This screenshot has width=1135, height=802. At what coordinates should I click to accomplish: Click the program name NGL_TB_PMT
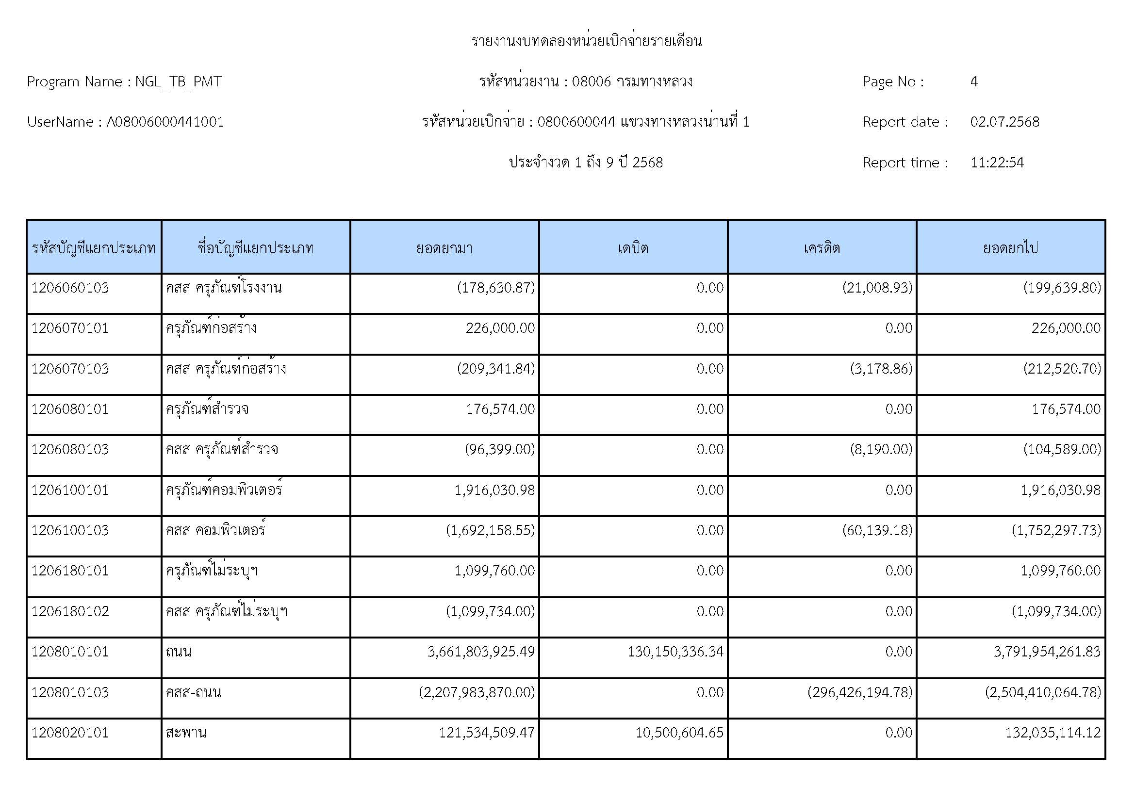click(178, 82)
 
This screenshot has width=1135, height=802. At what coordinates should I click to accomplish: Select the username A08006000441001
click(165, 122)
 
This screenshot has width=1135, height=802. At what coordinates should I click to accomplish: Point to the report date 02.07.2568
click(1004, 122)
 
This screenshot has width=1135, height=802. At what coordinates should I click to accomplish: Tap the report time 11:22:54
click(997, 163)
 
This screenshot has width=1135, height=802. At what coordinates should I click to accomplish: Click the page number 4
click(973, 82)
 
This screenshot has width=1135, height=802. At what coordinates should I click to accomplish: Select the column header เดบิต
click(633, 247)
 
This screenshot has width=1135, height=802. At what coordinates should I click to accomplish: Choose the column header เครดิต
click(822, 247)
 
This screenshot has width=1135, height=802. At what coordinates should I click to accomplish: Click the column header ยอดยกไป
click(1010, 247)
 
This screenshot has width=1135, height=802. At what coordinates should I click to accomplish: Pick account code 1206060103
click(70, 288)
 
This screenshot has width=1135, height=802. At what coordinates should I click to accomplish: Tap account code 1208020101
click(70, 732)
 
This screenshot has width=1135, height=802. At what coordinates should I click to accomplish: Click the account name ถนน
click(179, 652)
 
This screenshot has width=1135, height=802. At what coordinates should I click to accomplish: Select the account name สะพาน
click(186, 732)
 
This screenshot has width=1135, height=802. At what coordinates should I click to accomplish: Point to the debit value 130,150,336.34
click(675, 652)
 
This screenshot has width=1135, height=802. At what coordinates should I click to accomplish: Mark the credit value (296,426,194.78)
click(860, 692)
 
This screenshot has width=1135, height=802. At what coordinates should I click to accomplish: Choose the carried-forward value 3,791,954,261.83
click(1047, 652)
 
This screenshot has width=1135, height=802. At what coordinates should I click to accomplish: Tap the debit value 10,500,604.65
click(679, 732)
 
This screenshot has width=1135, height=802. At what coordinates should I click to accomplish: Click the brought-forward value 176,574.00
click(500, 409)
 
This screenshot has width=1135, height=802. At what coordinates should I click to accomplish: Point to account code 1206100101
click(70, 490)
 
